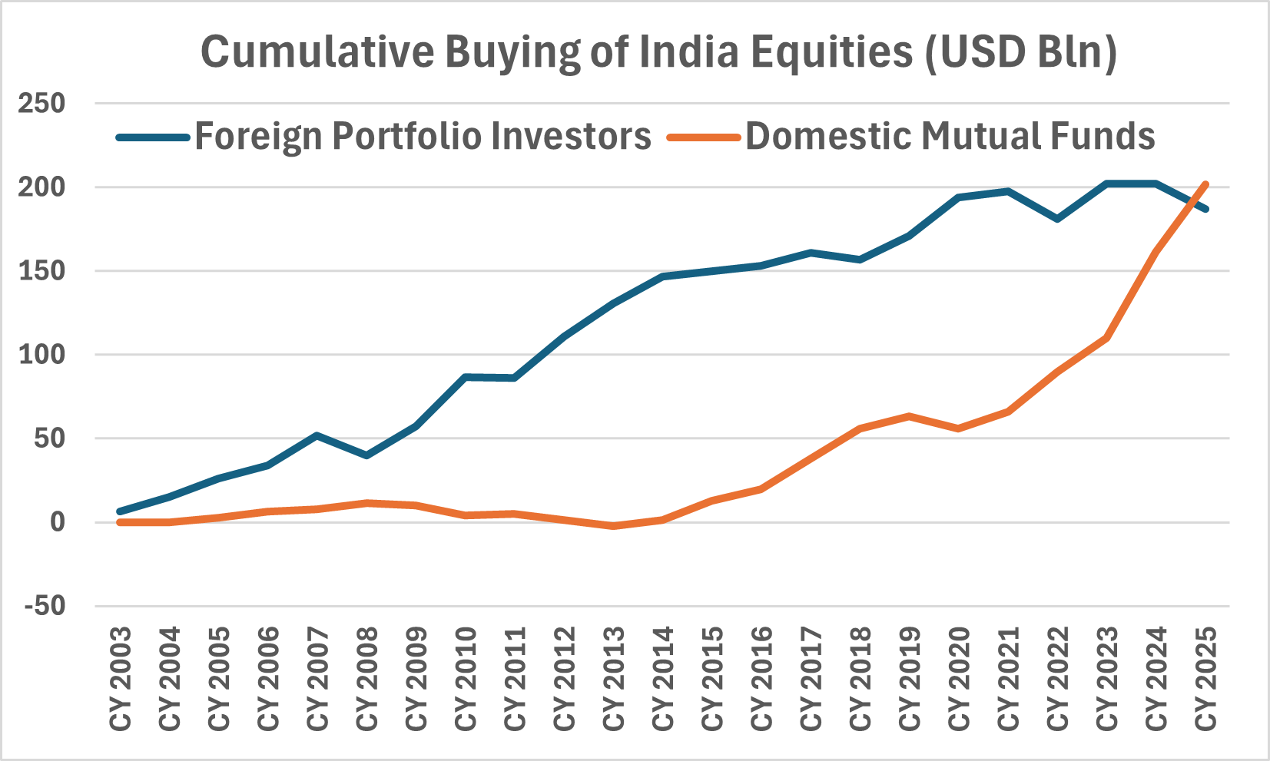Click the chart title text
[x=658, y=52]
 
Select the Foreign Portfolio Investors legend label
[x=423, y=137]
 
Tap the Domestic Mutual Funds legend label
[x=950, y=137]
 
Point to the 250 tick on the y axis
[x=42, y=103]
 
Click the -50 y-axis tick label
[x=45, y=606]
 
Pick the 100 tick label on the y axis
[x=42, y=355]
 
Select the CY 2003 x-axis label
[x=121, y=679]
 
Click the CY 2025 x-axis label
[x=1205, y=679]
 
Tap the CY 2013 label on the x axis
[x=614, y=679]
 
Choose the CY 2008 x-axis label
[x=367, y=679]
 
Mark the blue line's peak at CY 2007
[x=317, y=435]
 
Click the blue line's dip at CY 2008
[x=366, y=456]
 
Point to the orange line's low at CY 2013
[x=613, y=526]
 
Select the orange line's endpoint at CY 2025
[x=1205, y=184]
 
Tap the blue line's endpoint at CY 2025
[x=1205, y=209]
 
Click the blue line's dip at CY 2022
[x=1058, y=219]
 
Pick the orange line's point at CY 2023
[x=1107, y=337]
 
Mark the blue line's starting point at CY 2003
[x=120, y=511]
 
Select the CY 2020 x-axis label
[x=959, y=679]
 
